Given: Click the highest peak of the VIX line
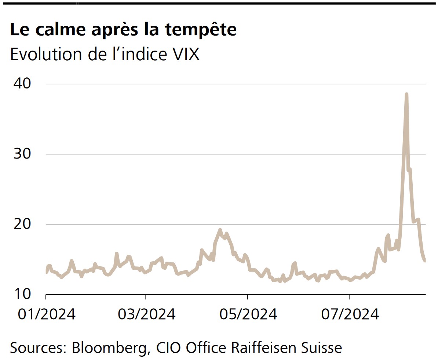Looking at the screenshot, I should pyautogui.click(x=406, y=94).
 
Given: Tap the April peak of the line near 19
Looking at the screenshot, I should pyautogui.click(x=220, y=230).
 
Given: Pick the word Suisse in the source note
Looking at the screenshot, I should pyautogui.click(x=324, y=347).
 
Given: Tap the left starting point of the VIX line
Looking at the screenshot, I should pyautogui.click(x=47, y=272).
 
